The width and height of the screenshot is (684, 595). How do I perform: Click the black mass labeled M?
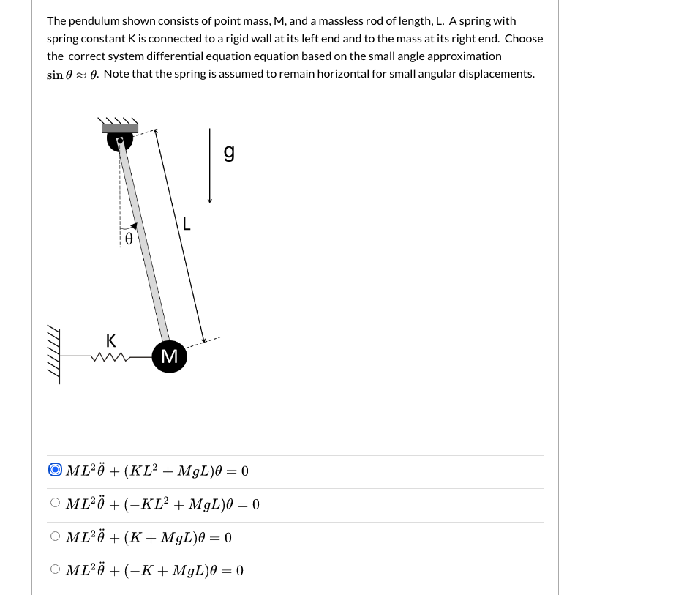pyautogui.click(x=169, y=356)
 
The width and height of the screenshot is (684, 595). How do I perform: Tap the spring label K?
pyautogui.click(x=110, y=340)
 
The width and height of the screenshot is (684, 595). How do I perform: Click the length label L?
pyautogui.click(x=187, y=224)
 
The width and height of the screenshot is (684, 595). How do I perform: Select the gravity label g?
pyautogui.click(x=229, y=152)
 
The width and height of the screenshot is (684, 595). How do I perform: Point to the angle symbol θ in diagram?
pyautogui.click(x=129, y=239)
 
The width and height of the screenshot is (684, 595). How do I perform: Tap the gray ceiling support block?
pyautogui.click(x=120, y=127)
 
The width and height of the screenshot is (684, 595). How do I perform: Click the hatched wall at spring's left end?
pyautogui.click(x=53, y=355)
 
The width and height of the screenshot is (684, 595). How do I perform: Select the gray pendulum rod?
pyautogui.click(x=145, y=242)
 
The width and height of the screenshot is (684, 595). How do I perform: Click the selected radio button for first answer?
pyautogui.click(x=56, y=470)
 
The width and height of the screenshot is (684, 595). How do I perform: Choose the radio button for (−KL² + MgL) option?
pyautogui.click(x=56, y=504)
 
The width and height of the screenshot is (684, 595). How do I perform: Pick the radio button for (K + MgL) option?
pyautogui.click(x=56, y=537)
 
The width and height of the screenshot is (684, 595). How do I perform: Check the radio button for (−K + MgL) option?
pyautogui.click(x=56, y=570)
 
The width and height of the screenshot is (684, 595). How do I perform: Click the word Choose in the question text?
pyautogui.click(x=524, y=39)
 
